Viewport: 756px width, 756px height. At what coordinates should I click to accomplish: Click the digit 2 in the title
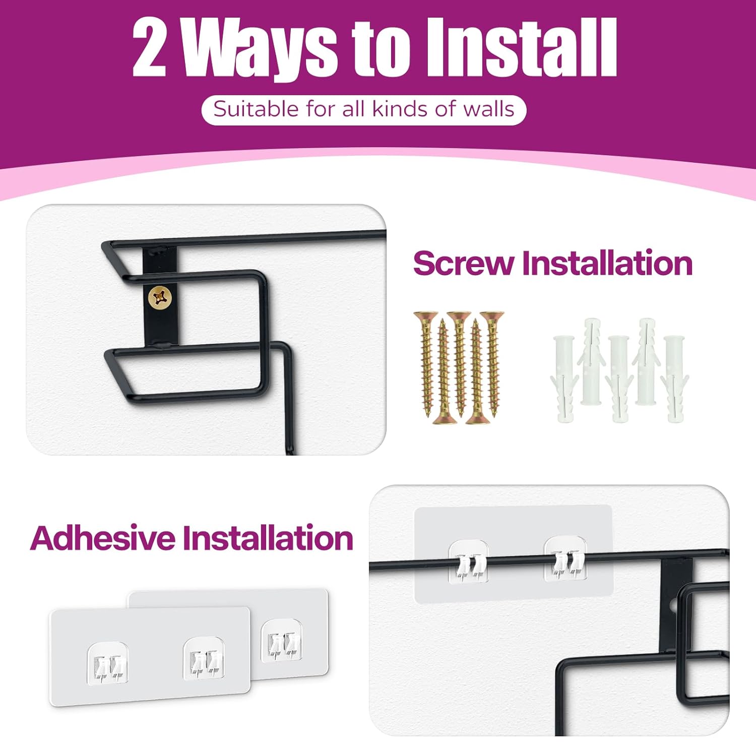click(150, 48)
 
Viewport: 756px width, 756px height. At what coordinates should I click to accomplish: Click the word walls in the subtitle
click(489, 109)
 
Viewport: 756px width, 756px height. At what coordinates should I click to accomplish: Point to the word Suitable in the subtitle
click(256, 109)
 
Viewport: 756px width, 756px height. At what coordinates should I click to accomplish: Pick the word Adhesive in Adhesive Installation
click(104, 538)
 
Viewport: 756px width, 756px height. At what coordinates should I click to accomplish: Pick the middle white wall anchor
click(620, 378)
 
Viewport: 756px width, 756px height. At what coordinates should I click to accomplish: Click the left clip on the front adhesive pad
click(108, 663)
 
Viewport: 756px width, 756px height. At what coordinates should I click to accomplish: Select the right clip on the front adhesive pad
click(204, 658)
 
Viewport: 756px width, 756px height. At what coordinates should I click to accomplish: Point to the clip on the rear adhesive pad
click(282, 641)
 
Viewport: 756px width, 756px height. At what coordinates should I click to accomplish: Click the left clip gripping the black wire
click(469, 561)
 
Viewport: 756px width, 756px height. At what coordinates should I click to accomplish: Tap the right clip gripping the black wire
click(566, 558)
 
